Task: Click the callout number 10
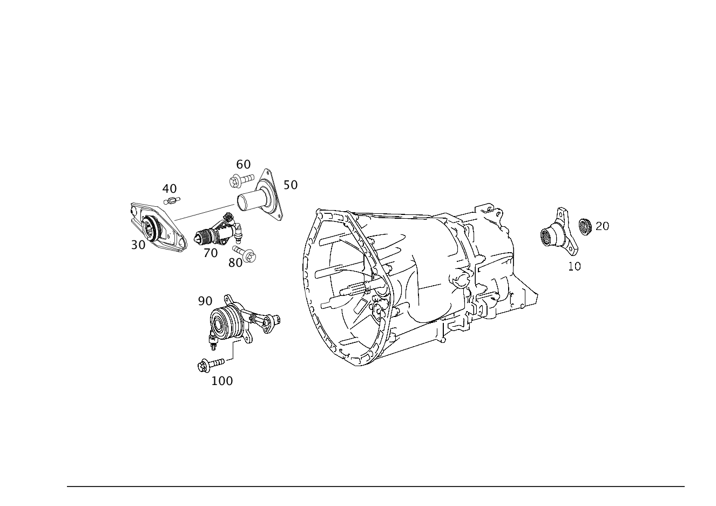pos(574,266)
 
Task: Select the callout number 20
pos(602,226)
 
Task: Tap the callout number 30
pos(138,245)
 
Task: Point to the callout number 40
pos(170,189)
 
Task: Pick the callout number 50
pos(291,185)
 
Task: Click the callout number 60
pos(243,165)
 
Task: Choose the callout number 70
pos(211,253)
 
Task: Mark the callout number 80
pos(235,263)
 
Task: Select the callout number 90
pos(205,301)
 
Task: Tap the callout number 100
pos(222,381)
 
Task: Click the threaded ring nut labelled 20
pos(585,226)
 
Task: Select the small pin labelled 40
pos(172,201)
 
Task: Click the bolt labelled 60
pos(242,180)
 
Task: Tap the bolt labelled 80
pos(244,254)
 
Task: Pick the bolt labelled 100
pos(211,365)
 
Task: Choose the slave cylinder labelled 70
pos(218,230)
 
